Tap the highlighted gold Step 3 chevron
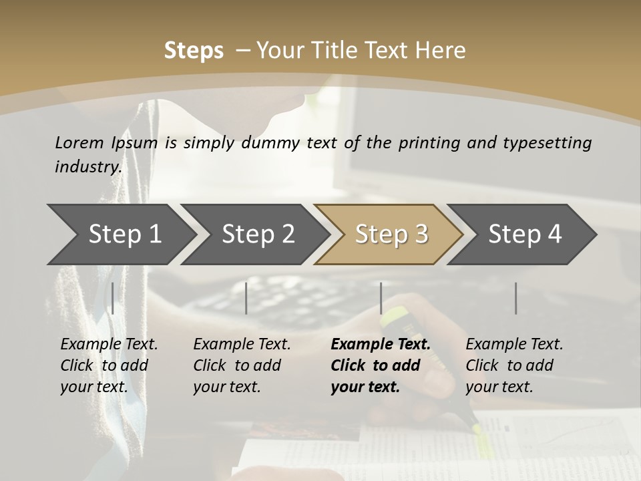point(391,234)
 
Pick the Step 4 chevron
point(524,234)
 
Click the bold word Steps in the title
point(194,51)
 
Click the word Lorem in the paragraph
point(79,142)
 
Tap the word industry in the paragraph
point(87,166)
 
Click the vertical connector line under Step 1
point(113,298)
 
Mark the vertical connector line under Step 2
point(246,298)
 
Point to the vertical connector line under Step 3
point(381,298)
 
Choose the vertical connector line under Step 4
point(515,298)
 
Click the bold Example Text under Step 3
point(381,345)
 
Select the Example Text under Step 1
point(109,345)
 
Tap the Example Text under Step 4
point(514,345)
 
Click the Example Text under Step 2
point(242,345)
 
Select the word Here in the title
point(443,51)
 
